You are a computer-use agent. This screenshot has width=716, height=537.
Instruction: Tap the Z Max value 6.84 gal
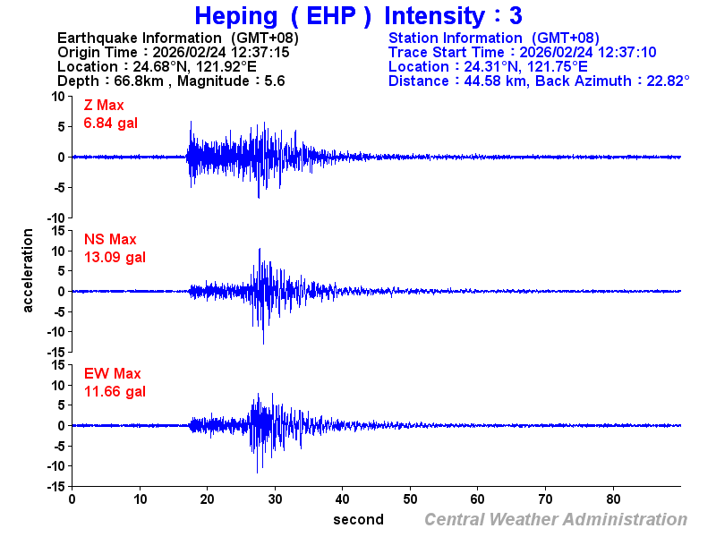pos(111,124)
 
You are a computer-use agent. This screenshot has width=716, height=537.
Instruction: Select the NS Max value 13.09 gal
pos(115,258)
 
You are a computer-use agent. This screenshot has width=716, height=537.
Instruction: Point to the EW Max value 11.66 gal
pos(115,391)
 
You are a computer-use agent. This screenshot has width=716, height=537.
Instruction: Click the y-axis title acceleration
pos(29,270)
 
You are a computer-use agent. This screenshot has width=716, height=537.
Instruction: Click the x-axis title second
pos(358,519)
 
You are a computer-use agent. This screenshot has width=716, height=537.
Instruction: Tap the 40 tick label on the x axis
pos(343,499)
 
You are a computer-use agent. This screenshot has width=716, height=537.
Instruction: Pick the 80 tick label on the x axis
pos(614,499)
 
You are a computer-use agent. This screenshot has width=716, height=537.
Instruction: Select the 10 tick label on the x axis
pos(140,499)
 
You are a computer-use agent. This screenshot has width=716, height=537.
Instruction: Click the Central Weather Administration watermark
pos(556,519)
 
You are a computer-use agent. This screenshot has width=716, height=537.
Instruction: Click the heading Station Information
pos(456,38)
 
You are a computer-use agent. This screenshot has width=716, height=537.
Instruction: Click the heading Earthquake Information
pos(139,38)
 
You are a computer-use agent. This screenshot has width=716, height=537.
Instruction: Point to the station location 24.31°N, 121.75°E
pos(526,66)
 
